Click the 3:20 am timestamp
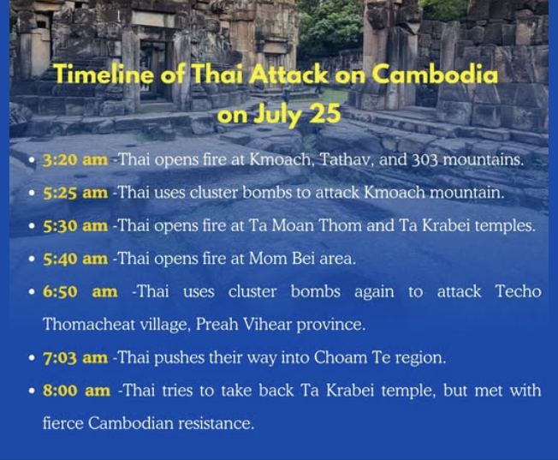pos(75,159)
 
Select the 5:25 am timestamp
pos(75,193)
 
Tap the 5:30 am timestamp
pos(75,225)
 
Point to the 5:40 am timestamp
pos(75,259)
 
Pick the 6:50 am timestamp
pos(80,291)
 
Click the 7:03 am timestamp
pos(75,357)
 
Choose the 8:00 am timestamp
pos(76,391)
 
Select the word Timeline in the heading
pos(104,75)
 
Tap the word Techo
pos(519,291)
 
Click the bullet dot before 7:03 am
pos(32,358)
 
